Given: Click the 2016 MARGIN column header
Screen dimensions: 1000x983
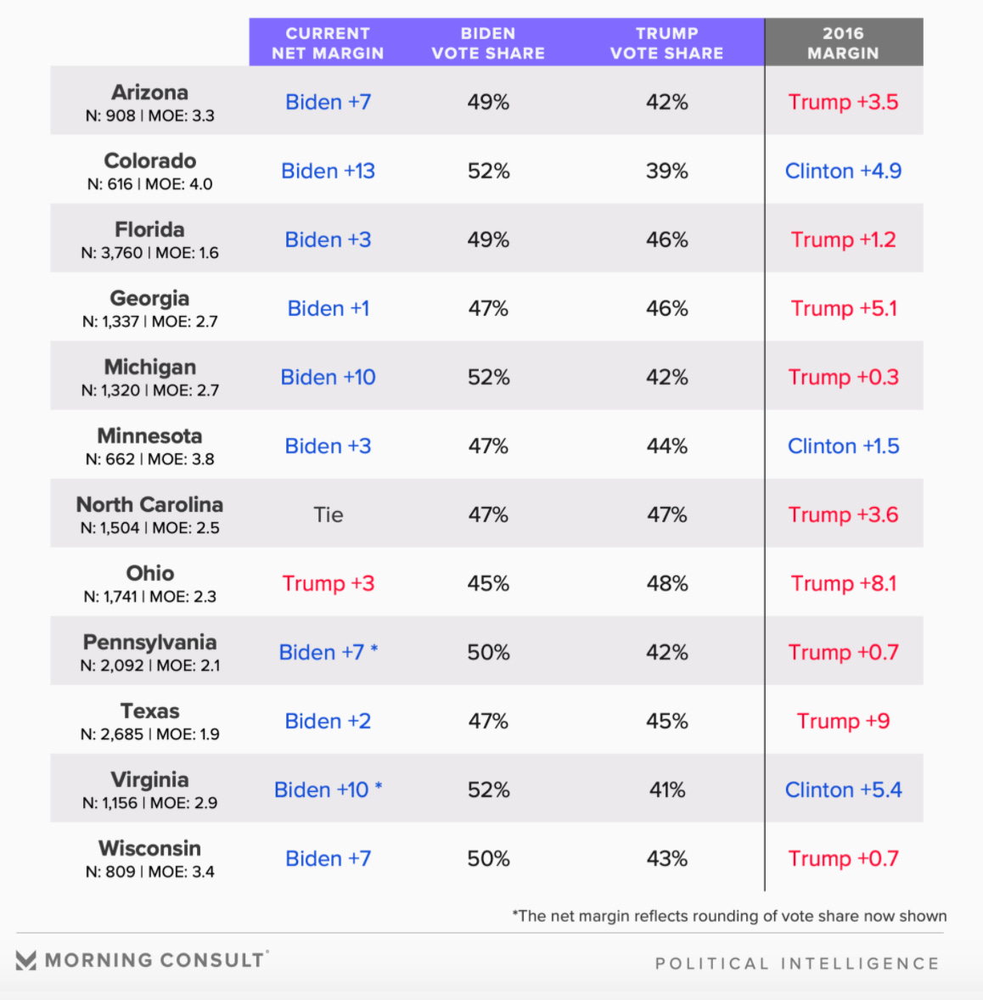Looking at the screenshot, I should tap(843, 43).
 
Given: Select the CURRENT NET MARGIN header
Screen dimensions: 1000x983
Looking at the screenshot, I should tap(328, 43).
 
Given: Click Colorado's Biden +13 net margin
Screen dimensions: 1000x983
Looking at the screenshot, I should tap(328, 171).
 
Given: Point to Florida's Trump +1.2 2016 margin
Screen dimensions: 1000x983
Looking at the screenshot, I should tap(843, 239).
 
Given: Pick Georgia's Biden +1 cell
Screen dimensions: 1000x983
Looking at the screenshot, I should tap(328, 308).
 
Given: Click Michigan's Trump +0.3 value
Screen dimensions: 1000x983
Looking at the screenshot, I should tap(843, 377).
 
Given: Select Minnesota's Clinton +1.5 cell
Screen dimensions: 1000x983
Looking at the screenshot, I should tap(843, 446).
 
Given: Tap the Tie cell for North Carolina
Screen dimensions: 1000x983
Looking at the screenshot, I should tap(328, 514).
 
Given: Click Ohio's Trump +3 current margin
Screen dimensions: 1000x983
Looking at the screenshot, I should tap(328, 583).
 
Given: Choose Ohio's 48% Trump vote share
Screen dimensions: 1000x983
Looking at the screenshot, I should tap(666, 583).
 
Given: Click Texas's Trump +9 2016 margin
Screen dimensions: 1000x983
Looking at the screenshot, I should tap(843, 721).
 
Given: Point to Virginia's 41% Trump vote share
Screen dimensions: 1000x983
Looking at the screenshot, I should tap(666, 789).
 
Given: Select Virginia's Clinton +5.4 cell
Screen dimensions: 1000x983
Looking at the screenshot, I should tap(843, 789).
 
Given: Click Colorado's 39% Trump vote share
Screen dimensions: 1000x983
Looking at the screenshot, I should tap(666, 171).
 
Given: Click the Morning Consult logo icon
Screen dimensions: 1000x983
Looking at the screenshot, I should tap(26, 960).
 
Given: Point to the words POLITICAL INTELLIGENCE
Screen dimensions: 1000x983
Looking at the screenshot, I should tap(797, 963).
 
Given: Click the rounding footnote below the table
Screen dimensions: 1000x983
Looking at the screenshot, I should tap(729, 916).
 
